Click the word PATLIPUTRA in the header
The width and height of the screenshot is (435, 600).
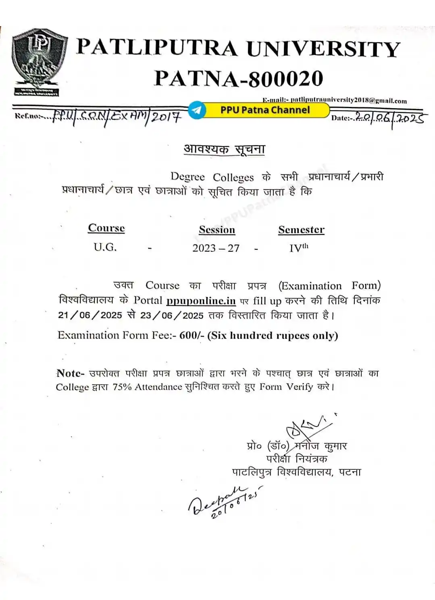(156, 48)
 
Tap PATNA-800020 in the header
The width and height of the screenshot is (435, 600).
(239, 78)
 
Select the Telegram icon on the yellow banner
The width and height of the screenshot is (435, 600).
(197, 110)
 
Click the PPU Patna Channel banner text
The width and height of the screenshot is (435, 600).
(265, 110)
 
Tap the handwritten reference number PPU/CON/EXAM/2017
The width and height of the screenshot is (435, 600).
(117, 117)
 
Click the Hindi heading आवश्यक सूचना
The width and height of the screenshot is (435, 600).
(224, 149)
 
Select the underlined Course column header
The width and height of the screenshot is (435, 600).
(106, 228)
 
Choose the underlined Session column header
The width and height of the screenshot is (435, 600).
(217, 230)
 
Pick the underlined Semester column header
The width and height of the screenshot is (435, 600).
(301, 230)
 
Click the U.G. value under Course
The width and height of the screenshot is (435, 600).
(105, 247)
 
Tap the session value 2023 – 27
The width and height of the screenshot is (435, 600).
(216, 248)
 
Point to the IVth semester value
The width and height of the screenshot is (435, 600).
(298, 248)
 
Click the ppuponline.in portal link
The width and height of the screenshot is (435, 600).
(201, 301)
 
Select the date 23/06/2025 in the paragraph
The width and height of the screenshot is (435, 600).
(172, 315)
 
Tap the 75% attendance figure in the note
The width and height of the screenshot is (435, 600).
(122, 387)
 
